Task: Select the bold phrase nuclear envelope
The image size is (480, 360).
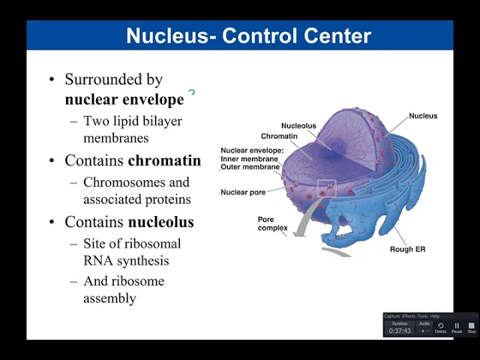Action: [124, 99]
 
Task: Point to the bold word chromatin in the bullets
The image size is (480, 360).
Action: [164, 160]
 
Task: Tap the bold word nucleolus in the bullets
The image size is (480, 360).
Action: [160, 222]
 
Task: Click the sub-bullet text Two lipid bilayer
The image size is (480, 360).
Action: [132, 121]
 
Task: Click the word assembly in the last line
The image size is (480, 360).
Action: [109, 298]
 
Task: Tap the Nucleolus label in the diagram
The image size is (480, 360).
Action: [298, 125]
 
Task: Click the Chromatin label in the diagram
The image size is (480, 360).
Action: [279, 136]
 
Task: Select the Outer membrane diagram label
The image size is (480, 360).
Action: [250, 167]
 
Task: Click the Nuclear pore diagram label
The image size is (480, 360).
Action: [243, 193]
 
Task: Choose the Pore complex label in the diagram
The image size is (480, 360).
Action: [272, 223]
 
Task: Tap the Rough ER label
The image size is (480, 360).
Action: [407, 249]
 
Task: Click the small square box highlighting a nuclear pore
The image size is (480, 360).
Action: [327, 188]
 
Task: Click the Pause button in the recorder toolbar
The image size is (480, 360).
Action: [456, 326]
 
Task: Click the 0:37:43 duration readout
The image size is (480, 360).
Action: [399, 331]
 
